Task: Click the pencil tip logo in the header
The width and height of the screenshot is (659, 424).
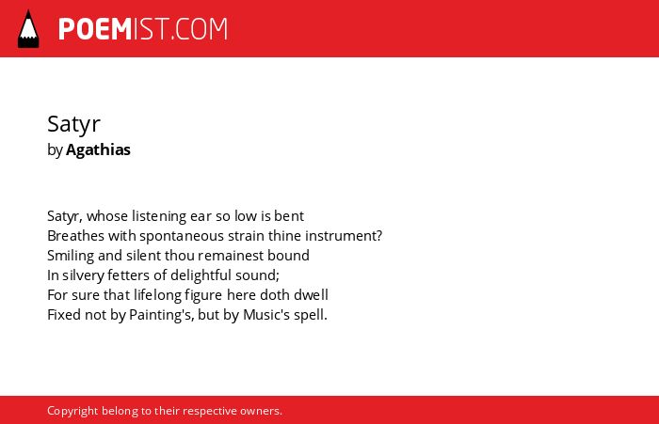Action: point(28,28)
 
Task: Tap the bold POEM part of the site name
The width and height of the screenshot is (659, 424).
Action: point(95,29)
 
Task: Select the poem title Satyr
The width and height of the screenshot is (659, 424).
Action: point(73,124)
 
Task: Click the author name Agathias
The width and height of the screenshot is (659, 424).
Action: point(98,149)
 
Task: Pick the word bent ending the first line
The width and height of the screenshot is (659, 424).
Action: point(289,216)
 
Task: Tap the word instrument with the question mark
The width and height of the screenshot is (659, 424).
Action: point(344,236)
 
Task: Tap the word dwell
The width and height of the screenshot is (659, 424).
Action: point(311,295)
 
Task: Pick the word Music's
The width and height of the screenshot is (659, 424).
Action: point(266,315)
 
